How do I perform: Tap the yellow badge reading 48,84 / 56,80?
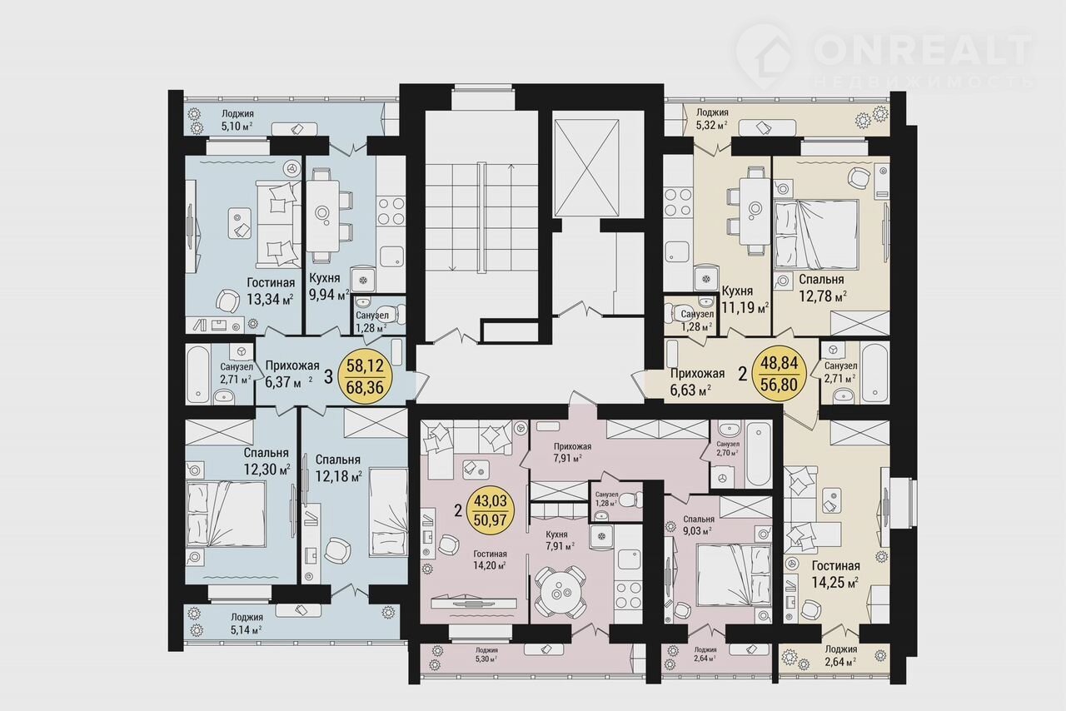(779, 374)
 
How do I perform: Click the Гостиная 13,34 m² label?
(271, 291)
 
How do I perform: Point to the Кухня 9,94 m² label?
(329, 287)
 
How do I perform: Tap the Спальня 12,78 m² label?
(822, 288)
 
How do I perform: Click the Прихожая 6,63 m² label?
(697, 382)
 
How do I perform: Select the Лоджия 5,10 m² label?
(237, 120)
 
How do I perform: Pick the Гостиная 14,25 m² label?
(835, 574)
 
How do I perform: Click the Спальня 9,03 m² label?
(698, 525)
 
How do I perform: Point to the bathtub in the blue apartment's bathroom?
(197, 375)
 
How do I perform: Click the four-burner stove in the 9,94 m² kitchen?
(391, 211)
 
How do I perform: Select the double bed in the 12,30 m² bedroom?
(226, 514)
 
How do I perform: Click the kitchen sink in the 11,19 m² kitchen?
(677, 251)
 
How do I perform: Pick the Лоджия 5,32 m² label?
(712, 119)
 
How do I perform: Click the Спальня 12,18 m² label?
(338, 468)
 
